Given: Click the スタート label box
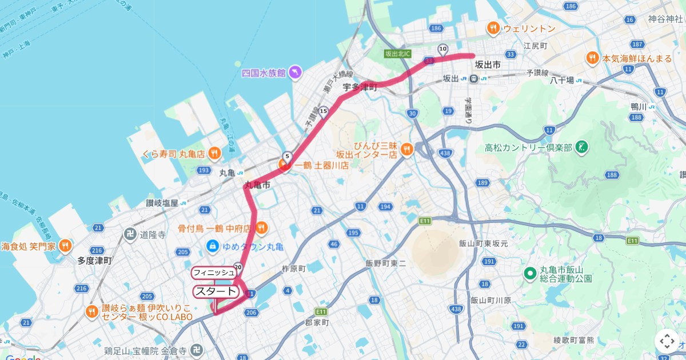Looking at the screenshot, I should click(x=216, y=291).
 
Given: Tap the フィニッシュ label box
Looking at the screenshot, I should click(x=213, y=273).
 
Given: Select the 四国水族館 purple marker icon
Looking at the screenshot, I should click(x=295, y=73).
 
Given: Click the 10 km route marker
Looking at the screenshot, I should click(x=442, y=49).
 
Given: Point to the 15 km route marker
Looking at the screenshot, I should click(x=324, y=111).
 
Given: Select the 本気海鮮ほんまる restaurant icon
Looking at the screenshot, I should click(x=593, y=58).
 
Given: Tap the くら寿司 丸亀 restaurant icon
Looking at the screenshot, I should click(x=214, y=153).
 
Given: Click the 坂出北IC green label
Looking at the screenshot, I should click(x=398, y=53).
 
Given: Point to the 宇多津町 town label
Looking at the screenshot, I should click(x=360, y=87).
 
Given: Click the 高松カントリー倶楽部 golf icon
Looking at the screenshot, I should click(x=582, y=147).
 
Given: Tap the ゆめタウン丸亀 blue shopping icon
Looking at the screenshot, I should click(x=212, y=246).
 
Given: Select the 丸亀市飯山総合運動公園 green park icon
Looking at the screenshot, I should click(x=530, y=273).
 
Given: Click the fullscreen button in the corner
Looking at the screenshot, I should click(x=667, y=341).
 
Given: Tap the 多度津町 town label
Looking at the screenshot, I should click(x=94, y=261).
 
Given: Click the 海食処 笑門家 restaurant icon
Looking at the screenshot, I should click(x=65, y=246).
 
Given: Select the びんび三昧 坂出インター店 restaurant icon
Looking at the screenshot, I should click(x=406, y=149).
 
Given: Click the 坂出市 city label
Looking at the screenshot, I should click(x=488, y=65).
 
